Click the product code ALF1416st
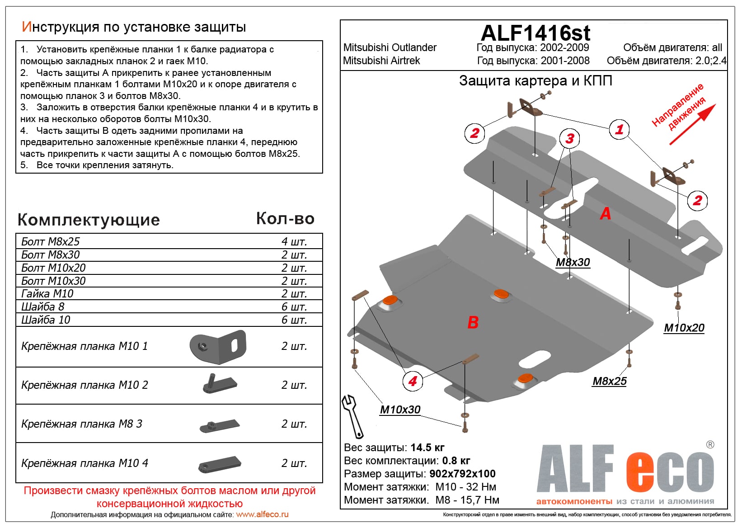(x=535, y=33)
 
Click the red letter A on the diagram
(x=605, y=213)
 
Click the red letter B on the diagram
(x=473, y=322)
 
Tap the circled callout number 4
(x=413, y=381)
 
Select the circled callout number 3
(x=570, y=139)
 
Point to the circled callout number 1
(x=619, y=130)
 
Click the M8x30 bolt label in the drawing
(x=573, y=263)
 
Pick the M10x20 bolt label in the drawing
(x=684, y=328)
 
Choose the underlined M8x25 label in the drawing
(x=610, y=382)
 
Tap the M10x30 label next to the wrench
(x=400, y=410)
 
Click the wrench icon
(x=352, y=416)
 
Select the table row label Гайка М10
(x=47, y=294)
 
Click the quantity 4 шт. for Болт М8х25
(x=294, y=241)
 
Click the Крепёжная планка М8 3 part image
(x=220, y=425)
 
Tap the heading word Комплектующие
(x=89, y=220)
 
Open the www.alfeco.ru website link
(x=262, y=514)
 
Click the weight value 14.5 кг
(x=427, y=448)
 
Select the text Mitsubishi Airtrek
(x=381, y=61)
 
